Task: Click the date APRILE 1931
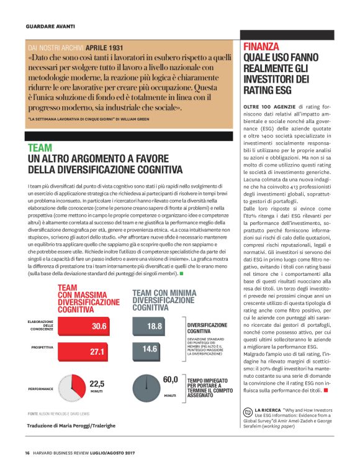click(102, 47)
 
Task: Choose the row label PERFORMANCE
click(40, 388)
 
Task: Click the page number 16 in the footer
click(28, 452)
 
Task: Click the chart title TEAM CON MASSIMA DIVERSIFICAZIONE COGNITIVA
click(88, 298)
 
